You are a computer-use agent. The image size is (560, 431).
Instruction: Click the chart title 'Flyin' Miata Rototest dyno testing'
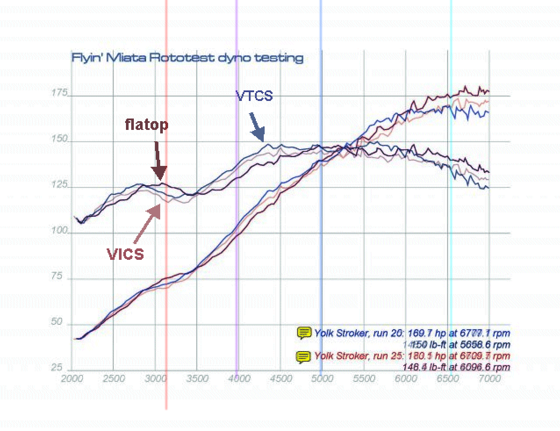[187, 57]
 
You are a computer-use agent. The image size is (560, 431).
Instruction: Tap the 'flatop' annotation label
[147, 125]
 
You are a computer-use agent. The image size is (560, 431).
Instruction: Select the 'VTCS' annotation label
[254, 96]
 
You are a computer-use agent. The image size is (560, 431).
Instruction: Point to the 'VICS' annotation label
[126, 254]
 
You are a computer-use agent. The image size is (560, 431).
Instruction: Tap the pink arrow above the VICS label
[148, 224]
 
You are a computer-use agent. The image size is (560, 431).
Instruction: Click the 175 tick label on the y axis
[59, 93]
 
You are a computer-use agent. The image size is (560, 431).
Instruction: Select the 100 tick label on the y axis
[59, 230]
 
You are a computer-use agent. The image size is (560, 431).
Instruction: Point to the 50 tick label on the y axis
[57, 322]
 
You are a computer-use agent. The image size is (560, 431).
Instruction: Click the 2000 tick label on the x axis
[72, 379]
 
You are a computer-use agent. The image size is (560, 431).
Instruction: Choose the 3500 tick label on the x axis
[197, 379]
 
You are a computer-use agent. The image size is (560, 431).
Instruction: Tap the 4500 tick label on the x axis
[281, 379]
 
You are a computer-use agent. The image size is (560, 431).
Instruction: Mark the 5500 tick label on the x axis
[364, 379]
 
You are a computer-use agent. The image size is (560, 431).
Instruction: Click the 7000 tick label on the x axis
[489, 379]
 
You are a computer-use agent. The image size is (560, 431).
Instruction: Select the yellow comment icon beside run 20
[304, 333]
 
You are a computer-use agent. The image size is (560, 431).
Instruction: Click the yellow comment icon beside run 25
[304, 356]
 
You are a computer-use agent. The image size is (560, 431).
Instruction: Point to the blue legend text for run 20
[412, 333]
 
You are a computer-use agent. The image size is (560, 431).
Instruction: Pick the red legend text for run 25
[412, 356]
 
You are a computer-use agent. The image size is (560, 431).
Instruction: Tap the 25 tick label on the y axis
[57, 367]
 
